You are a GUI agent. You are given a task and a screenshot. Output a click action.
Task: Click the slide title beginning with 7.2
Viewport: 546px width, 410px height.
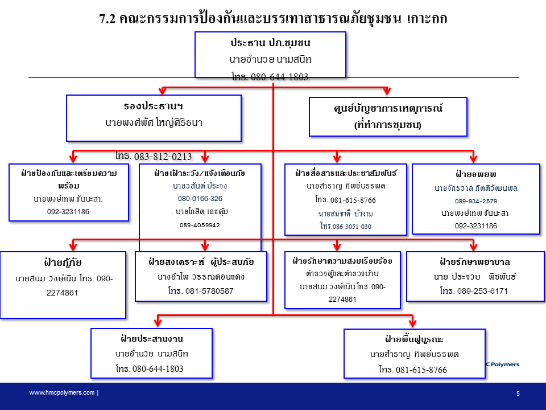(273, 18)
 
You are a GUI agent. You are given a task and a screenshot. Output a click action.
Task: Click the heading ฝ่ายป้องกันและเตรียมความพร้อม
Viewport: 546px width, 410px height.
(72, 179)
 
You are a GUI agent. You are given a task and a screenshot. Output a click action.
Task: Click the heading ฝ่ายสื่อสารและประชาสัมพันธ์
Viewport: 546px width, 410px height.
(346, 172)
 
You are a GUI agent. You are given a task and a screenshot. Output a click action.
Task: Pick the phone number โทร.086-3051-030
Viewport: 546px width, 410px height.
(345, 226)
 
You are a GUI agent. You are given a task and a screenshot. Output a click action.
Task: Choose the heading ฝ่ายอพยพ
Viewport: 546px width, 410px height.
(476, 174)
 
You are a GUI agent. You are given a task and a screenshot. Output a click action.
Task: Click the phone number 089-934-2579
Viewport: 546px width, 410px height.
(476, 201)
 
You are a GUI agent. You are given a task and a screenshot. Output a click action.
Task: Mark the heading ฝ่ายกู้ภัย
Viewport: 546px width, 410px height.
(63, 263)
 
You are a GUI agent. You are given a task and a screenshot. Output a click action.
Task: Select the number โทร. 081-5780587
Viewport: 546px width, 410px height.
(201, 291)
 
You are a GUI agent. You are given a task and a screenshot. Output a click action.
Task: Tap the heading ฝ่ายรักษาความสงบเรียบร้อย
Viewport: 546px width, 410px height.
(346, 261)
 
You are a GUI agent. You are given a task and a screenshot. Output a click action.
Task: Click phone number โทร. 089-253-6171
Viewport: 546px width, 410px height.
(474, 291)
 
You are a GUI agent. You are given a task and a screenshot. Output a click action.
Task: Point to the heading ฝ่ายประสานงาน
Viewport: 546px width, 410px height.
(151, 339)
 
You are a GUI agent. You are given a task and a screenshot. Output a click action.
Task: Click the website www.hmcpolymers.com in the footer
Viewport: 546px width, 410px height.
(63, 393)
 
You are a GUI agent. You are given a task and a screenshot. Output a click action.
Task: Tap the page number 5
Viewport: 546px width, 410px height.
(518, 393)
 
